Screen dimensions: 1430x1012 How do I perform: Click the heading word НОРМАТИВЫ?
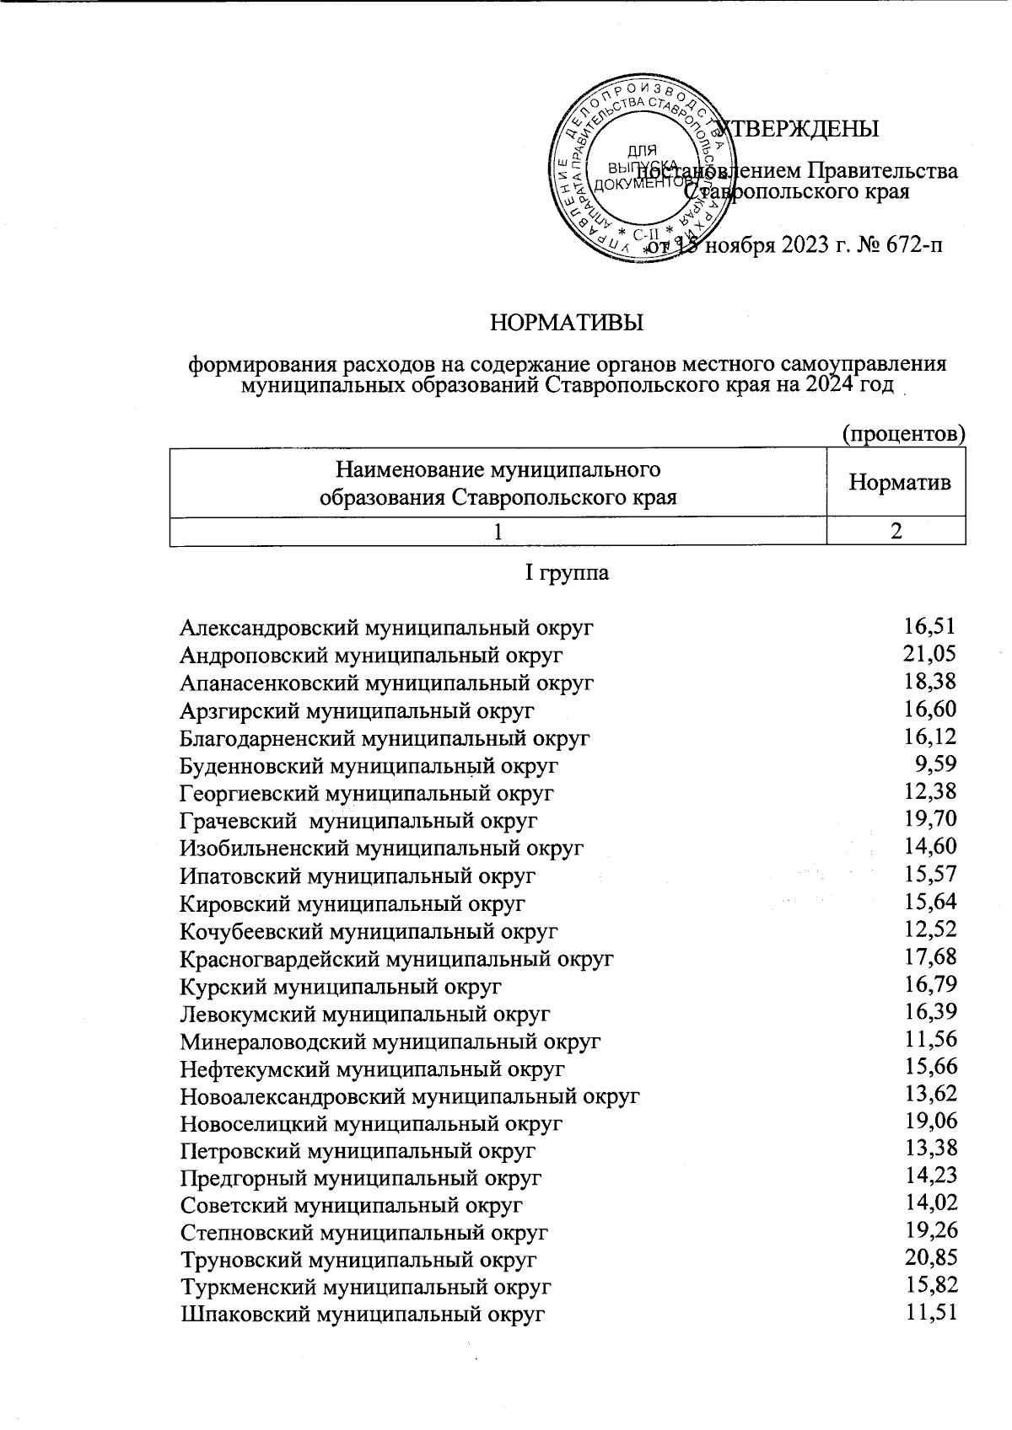click(x=567, y=323)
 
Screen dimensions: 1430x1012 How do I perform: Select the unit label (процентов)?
click(x=903, y=434)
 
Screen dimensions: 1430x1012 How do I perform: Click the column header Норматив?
click(x=899, y=483)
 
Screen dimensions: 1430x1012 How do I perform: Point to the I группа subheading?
click(x=567, y=574)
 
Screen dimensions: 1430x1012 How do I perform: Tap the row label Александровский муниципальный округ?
click(x=387, y=628)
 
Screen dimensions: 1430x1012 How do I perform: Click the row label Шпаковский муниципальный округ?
click(x=363, y=1314)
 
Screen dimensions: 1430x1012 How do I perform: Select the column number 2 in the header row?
click(x=897, y=532)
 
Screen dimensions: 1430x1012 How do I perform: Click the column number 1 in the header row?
click(x=499, y=533)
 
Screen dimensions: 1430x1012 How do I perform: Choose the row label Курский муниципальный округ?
click(x=341, y=986)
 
